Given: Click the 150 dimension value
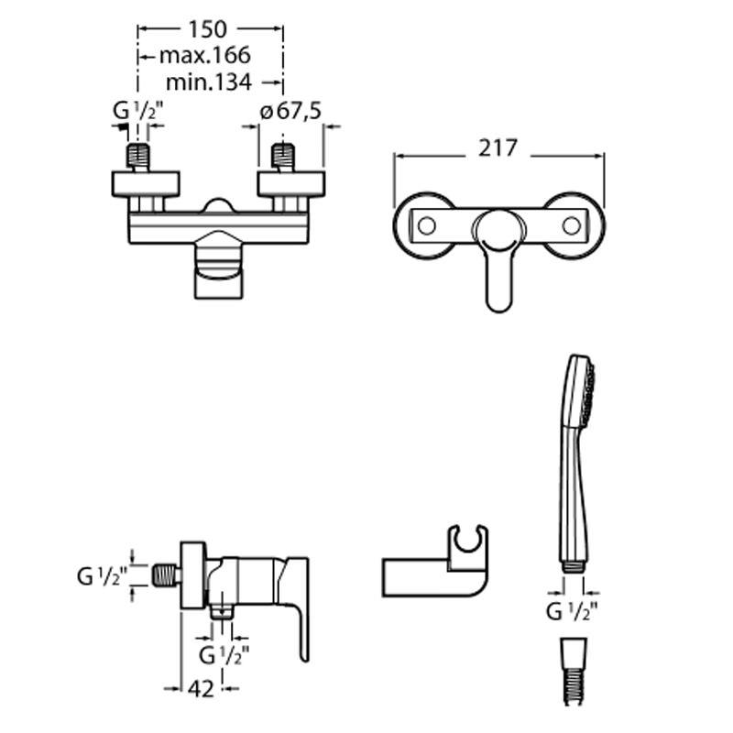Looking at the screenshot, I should [210, 29].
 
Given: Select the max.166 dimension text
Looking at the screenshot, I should [203, 56].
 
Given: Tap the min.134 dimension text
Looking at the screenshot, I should [209, 82].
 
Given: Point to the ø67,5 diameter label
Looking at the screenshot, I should [290, 111].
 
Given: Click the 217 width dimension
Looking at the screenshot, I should [499, 148].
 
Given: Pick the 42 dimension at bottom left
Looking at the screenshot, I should [203, 688].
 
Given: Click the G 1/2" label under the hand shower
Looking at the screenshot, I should [573, 611].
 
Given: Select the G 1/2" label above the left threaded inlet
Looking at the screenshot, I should [137, 111].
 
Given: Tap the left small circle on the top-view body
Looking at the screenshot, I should [424, 225].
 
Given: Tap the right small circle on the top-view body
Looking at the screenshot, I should [572, 225].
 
